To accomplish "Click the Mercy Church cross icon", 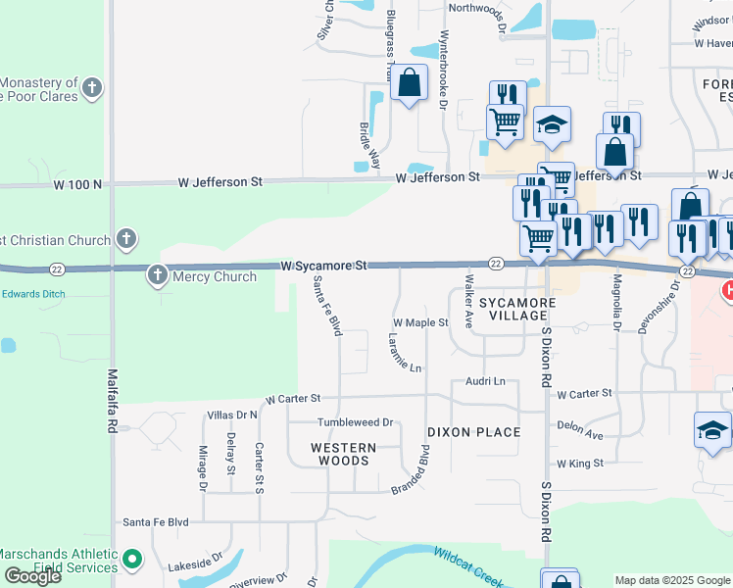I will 157,275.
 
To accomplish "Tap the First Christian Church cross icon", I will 124,238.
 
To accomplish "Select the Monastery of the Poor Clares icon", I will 92,88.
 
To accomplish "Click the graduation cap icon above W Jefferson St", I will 553,125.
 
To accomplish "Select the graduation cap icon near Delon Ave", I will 712,430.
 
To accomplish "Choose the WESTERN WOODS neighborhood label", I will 343,454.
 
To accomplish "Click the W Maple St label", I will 420,322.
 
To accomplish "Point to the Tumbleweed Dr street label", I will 354,422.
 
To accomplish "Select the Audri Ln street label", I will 485,381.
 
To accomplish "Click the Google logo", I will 32,576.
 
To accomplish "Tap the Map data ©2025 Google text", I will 671,580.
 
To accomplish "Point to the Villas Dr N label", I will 231,416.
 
